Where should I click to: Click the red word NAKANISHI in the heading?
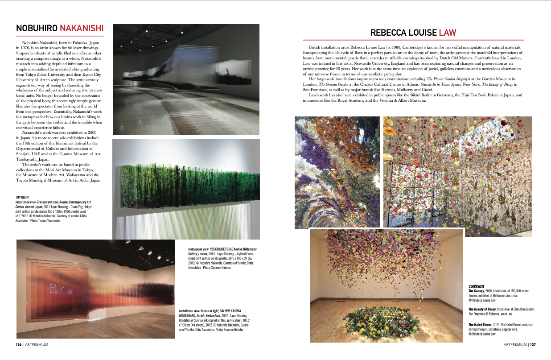click(x=82, y=29)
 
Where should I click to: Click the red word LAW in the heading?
click(x=448, y=33)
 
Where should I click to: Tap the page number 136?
click(x=19, y=344)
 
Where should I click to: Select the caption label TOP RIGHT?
click(x=23, y=197)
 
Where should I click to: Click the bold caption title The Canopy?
click(x=478, y=290)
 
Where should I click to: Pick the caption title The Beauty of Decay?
click(x=485, y=309)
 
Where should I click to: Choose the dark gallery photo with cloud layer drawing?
click(x=186, y=79)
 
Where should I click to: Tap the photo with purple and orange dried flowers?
click(x=337, y=172)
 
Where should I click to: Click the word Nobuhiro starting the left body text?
click(x=31, y=42)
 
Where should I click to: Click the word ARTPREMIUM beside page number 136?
click(x=37, y=344)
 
